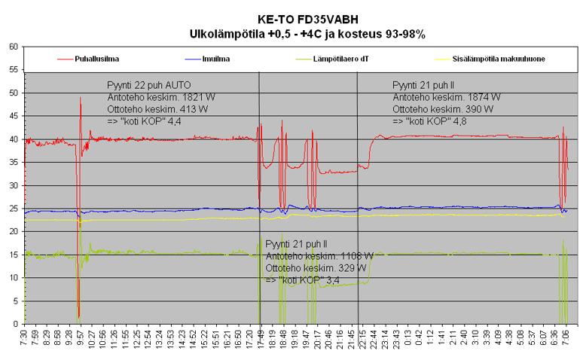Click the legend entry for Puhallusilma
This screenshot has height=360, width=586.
click(x=96, y=58)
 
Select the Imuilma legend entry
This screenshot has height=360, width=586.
click(x=217, y=58)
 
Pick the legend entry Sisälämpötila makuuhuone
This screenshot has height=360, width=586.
click(x=499, y=58)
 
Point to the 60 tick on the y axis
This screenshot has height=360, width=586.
click(x=13, y=47)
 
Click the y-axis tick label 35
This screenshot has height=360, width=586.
click(x=13, y=163)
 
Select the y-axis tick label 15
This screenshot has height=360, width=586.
click(x=13, y=255)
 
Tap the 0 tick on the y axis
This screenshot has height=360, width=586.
click(x=15, y=325)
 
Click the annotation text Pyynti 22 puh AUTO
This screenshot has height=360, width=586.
click(x=149, y=84)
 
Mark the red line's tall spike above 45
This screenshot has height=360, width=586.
click(x=80, y=100)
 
